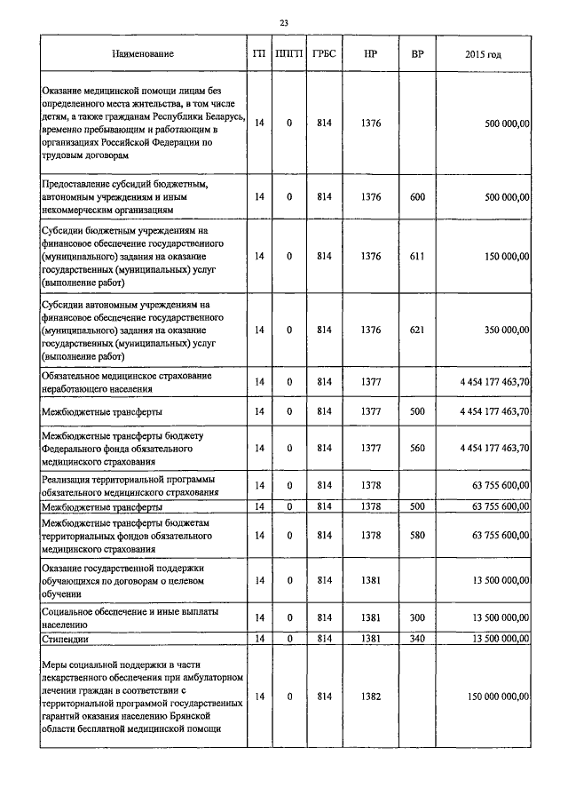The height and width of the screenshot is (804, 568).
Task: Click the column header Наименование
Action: click(142, 54)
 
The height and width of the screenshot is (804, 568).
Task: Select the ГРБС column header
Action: click(323, 54)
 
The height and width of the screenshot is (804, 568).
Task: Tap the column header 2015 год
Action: click(483, 54)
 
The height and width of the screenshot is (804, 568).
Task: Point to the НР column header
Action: click(371, 54)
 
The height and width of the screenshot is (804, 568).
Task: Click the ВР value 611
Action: click(417, 256)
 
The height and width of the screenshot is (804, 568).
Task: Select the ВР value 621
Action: click(417, 330)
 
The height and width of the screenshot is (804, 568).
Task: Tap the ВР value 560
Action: click(417, 449)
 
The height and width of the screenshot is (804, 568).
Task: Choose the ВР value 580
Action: click(417, 536)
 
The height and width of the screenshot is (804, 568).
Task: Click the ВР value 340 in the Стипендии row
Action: click(417, 638)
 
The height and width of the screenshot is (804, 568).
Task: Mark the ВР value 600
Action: click(417, 195)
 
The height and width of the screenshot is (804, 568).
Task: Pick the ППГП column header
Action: click(288, 54)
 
